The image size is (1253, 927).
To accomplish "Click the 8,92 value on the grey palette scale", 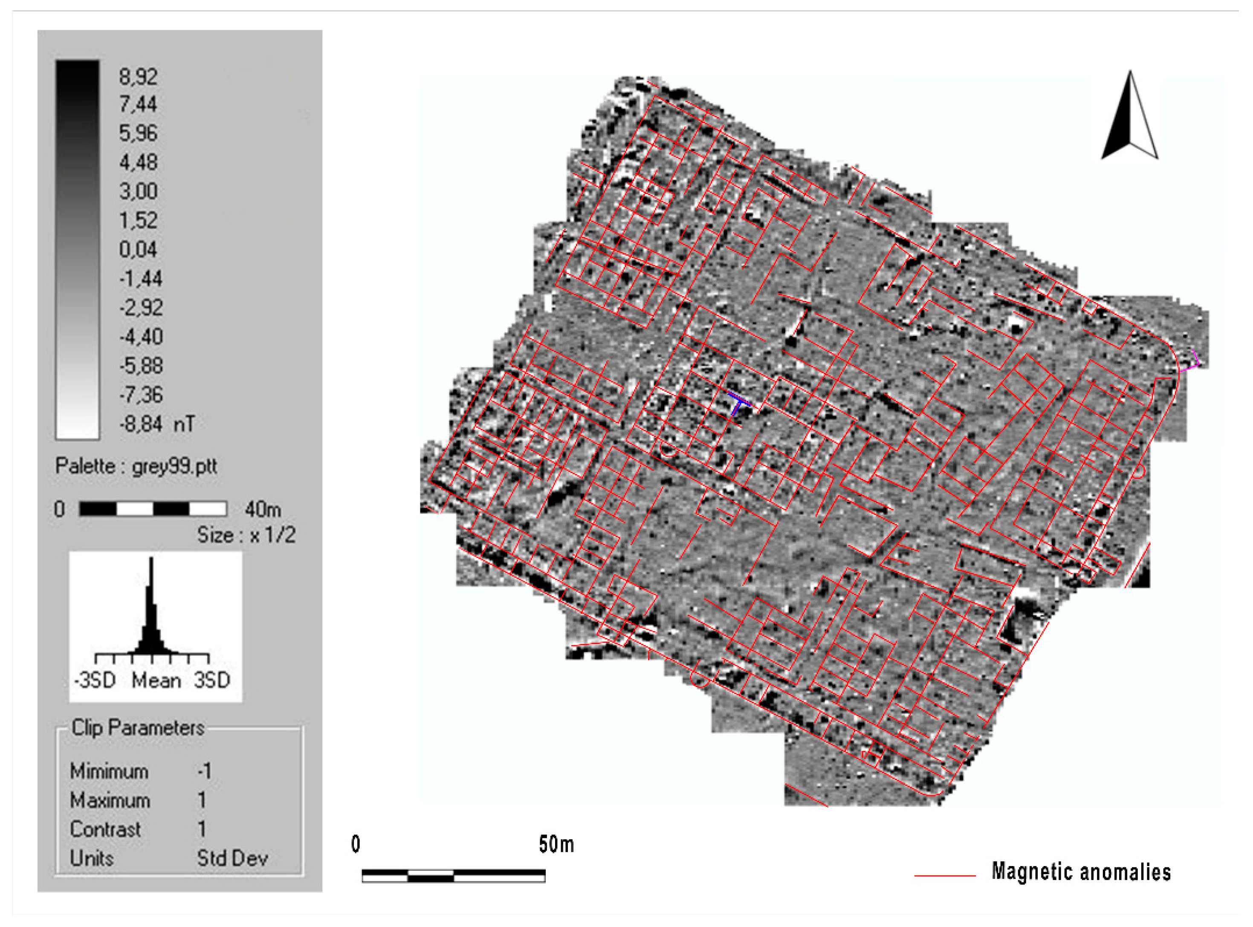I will (x=138, y=76).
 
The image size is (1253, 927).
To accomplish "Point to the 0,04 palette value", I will (x=138, y=249).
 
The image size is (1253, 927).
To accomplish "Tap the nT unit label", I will (x=184, y=424).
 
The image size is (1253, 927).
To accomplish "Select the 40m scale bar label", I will (x=262, y=509).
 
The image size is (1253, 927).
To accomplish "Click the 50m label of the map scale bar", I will (x=556, y=844).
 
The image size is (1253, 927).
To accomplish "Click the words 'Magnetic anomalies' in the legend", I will (x=1081, y=872).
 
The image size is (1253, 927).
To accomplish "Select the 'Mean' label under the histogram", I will (x=156, y=681).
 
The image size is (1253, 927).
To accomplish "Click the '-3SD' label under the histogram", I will (x=95, y=681).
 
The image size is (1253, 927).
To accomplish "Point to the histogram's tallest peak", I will (x=151, y=561).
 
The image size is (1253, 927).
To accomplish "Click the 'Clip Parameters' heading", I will (x=138, y=728).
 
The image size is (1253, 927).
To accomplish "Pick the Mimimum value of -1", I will (x=204, y=771).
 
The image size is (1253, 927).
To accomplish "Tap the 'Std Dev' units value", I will (x=232, y=858).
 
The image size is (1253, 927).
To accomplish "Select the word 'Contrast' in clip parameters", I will (x=105, y=829).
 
